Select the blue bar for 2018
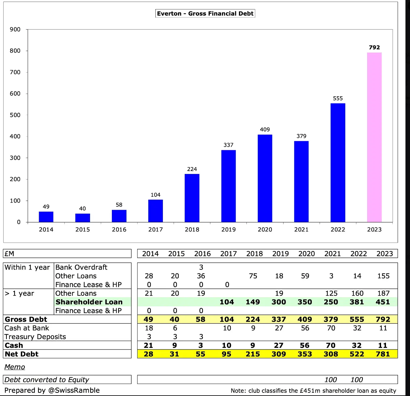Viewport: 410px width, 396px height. [x=192, y=198]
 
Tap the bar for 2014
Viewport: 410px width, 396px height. [x=46, y=217]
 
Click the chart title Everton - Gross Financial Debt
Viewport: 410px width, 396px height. [x=205, y=13]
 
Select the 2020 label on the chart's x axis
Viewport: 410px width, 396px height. [x=265, y=230]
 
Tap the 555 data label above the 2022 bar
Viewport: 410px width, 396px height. [x=338, y=98]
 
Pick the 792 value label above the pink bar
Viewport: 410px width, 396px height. [x=374, y=47]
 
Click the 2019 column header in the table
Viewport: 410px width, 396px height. [x=280, y=254]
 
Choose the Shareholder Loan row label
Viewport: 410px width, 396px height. [x=89, y=302]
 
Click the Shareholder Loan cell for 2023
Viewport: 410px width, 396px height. [x=383, y=302]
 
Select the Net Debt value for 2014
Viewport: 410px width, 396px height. [x=149, y=354]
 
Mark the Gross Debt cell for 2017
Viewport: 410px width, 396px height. [x=227, y=319]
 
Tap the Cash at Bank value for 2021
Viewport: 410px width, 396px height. [x=331, y=328]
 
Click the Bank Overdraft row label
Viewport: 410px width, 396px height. [x=81, y=267]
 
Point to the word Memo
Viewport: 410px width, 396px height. [x=15, y=367]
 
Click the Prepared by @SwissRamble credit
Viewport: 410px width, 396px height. [x=52, y=390]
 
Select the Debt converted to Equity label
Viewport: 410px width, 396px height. [x=47, y=380]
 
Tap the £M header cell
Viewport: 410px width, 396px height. [x=9, y=254]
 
